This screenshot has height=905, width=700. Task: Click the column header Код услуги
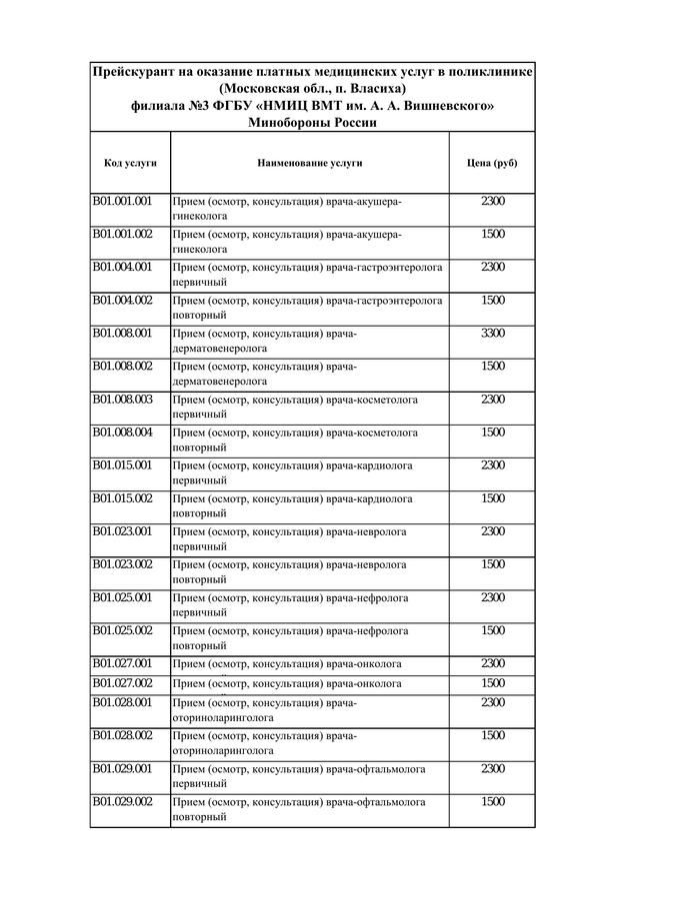pyautogui.click(x=129, y=162)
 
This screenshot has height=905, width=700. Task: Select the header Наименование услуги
pyautogui.click(x=309, y=162)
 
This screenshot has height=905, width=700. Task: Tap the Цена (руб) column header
pyautogui.click(x=492, y=162)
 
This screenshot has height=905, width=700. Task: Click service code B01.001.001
pyautogui.click(x=122, y=201)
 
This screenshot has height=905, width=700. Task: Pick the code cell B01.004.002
pyautogui.click(x=122, y=300)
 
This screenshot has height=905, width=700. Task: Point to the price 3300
pyautogui.click(x=493, y=333)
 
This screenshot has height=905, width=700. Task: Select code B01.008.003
pyautogui.click(x=122, y=399)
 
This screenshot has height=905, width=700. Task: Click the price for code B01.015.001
pyautogui.click(x=493, y=464)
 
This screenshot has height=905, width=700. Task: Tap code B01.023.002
pyautogui.click(x=122, y=563)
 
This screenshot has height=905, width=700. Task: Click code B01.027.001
pyautogui.click(x=122, y=662)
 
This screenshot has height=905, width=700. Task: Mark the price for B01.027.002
pyautogui.click(x=493, y=682)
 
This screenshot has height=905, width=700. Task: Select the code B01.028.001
pyautogui.click(x=122, y=702)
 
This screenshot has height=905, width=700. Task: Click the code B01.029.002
pyautogui.click(x=122, y=801)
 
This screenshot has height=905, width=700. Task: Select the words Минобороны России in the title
pyautogui.click(x=312, y=122)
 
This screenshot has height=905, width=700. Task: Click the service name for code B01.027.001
pyautogui.click(x=287, y=663)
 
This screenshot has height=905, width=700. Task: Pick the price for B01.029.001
pyautogui.click(x=493, y=768)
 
